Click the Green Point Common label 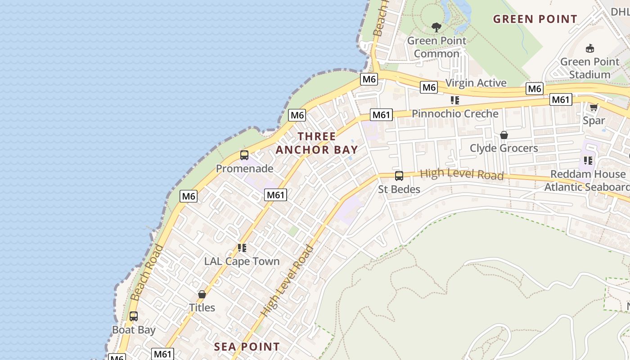[x=436, y=47]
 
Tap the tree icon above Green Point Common [x=436, y=27]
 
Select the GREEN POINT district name [x=535, y=19]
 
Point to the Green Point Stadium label [x=589, y=68]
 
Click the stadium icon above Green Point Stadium [x=589, y=48]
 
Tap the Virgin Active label [x=476, y=83]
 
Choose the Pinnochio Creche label [x=455, y=114]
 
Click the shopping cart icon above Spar [x=594, y=107]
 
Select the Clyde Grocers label [x=504, y=148]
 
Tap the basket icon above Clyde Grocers [x=504, y=135]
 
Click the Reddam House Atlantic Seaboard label [x=587, y=180]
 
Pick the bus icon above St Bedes [x=399, y=176]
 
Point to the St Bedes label [x=399, y=189]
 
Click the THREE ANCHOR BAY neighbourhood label [x=317, y=143]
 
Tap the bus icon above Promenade [x=244, y=155]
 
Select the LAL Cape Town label [x=242, y=261]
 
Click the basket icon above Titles [x=202, y=294]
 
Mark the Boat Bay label [x=134, y=330]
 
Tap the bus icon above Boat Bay [x=134, y=316]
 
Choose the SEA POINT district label [x=247, y=347]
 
